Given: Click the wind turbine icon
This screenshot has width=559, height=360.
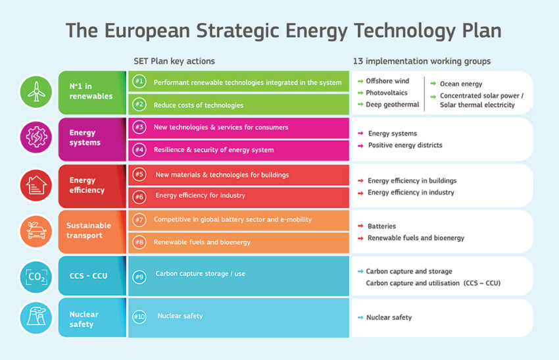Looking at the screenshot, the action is [x=36, y=91].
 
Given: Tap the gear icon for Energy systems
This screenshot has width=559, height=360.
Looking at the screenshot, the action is [x=36, y=137].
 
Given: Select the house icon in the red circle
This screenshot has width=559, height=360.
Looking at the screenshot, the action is [x=36, y=185].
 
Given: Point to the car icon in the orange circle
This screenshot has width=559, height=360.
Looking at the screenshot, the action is [x=36, y=231].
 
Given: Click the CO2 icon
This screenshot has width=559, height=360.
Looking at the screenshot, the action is [x=36, y=277].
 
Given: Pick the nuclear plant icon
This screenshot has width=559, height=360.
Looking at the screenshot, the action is [x=36, y=317].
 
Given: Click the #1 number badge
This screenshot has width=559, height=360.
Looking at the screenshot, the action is [x=139, y=82].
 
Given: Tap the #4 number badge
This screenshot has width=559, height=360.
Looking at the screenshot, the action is [x=139, y=149].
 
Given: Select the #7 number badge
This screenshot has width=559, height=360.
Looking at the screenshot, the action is [x=139, y=219].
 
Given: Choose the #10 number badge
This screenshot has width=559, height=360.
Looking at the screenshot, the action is [x=139, y=317].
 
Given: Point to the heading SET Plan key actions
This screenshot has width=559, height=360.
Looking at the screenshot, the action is [x=174, y=61].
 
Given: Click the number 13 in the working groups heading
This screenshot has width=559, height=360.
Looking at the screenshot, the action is [x=358, y=61].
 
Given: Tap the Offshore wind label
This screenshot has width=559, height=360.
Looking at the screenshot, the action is [x=387, y=81].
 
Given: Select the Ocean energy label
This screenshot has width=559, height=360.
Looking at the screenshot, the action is [x=461, y=84].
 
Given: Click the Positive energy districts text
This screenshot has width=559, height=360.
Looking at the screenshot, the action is [x=405, y=145].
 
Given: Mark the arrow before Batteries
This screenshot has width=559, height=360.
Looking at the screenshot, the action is [x=360, y=226].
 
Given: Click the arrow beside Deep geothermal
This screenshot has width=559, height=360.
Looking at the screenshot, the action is [x=360, y=105].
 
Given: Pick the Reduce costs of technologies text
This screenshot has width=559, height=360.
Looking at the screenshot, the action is [x=199, y=105].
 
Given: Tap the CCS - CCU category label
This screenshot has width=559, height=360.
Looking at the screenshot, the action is [x=88, y=276].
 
